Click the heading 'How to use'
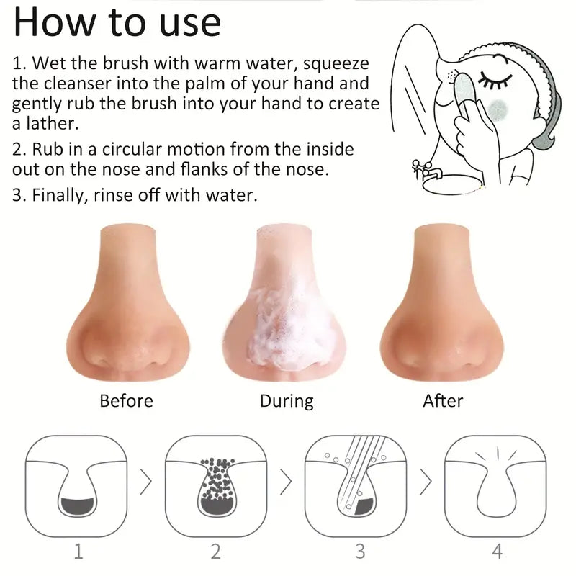[x=117, y=22]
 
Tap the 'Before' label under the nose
[x=126, y=400]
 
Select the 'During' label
[x=287, y=400]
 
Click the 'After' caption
[x=443, y=400]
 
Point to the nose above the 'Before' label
[x=127, y=310]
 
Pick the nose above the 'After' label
[x=442, y=310]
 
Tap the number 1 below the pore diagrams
[x=78, y=552]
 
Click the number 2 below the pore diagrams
[x=215, y=552]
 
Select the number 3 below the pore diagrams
[x=360, y=552]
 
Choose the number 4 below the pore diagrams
[x=496, y=552]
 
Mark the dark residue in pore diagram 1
[x=78, y=507]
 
